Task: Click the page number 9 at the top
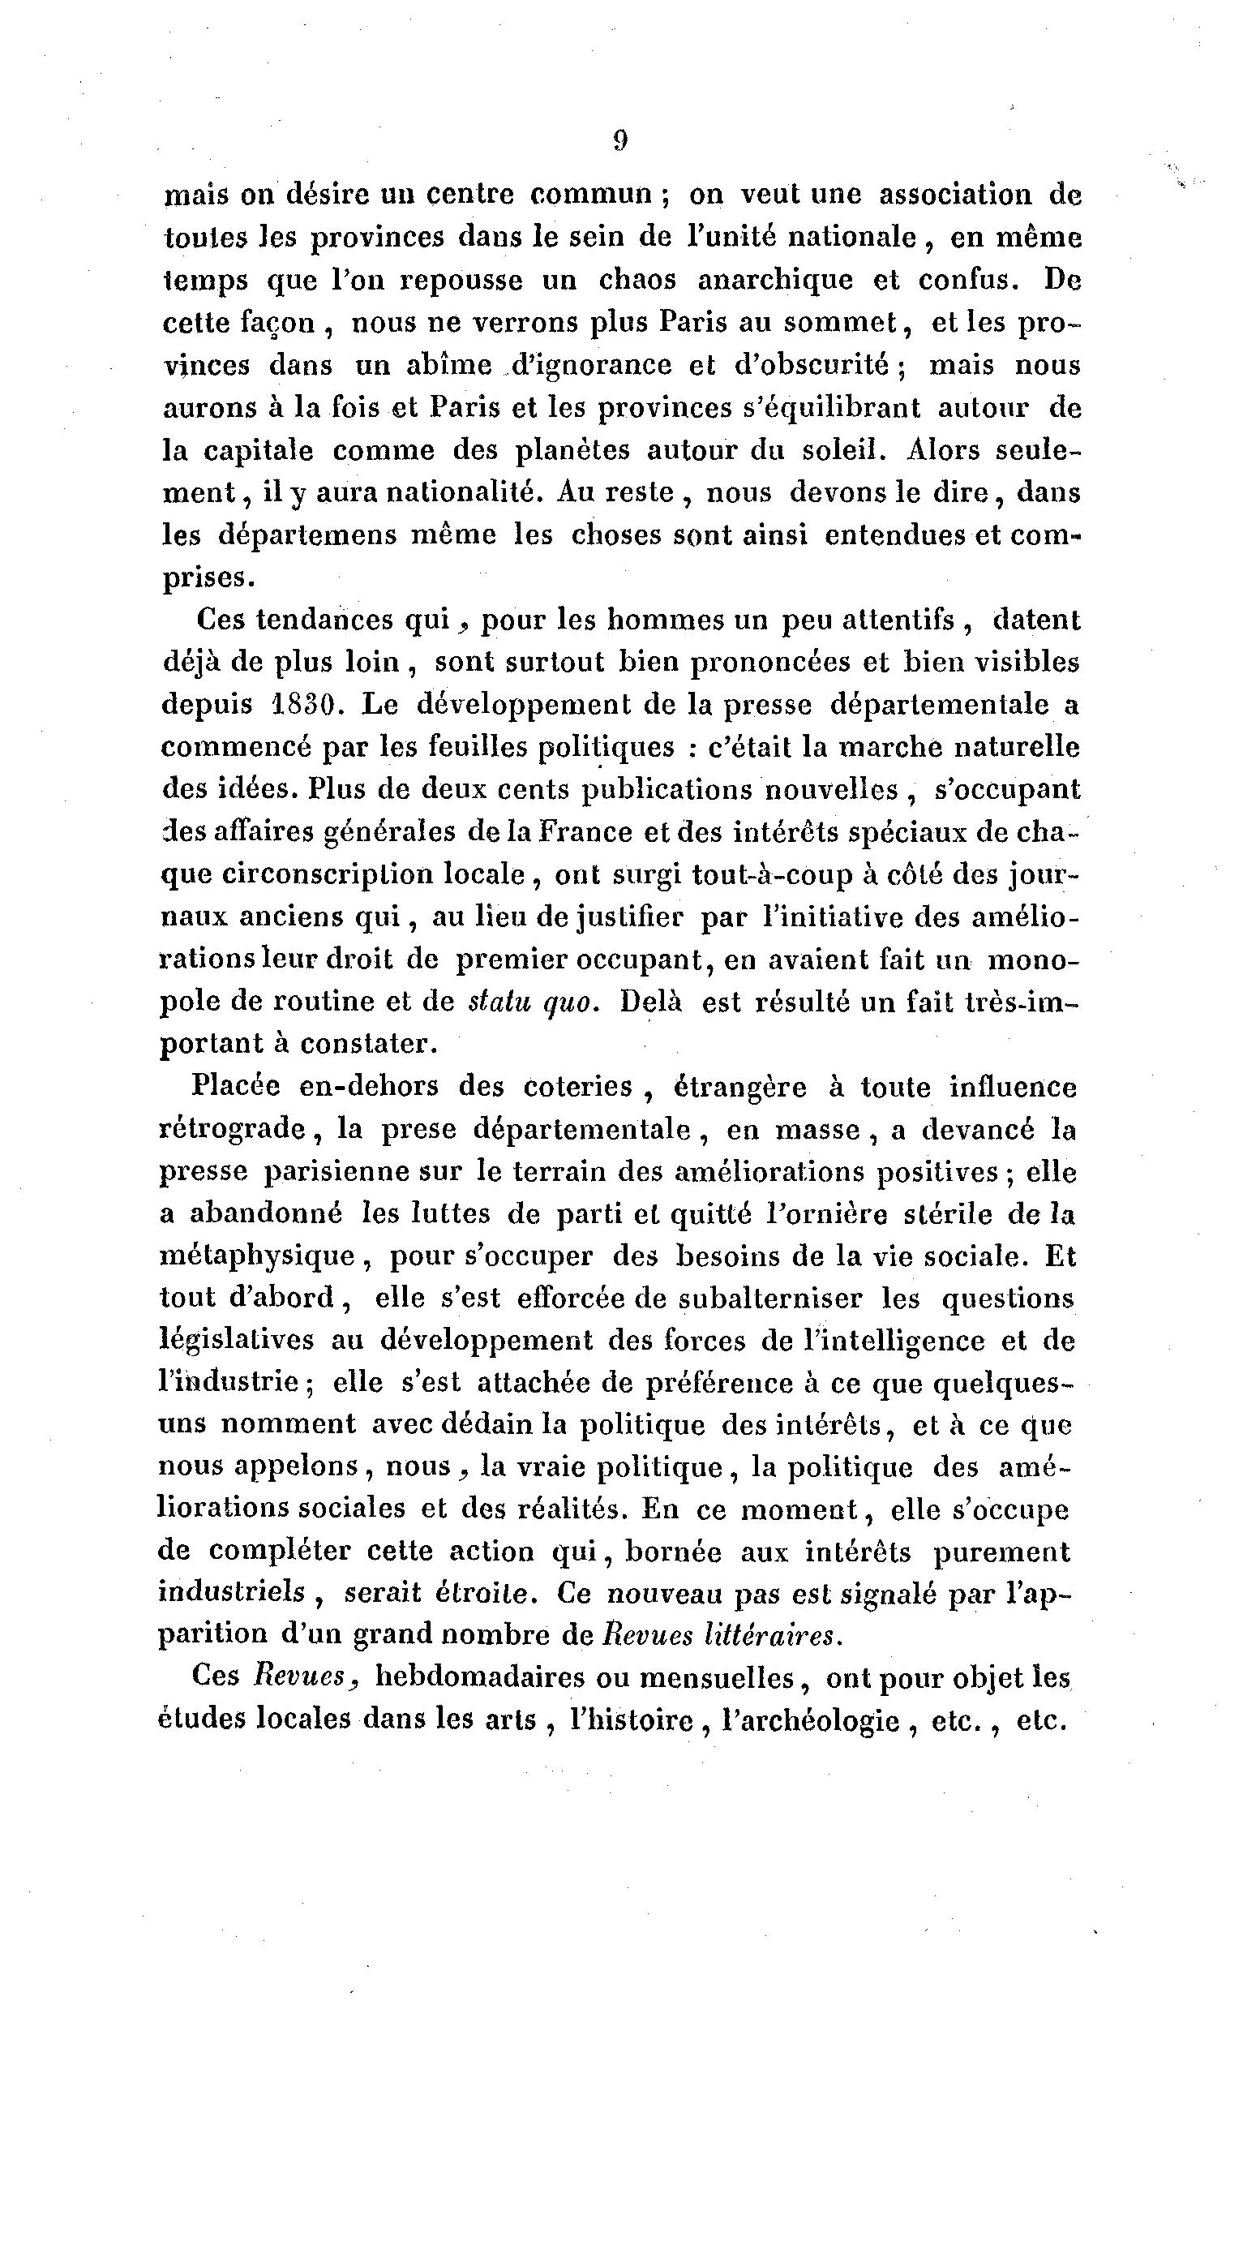click(619, 141)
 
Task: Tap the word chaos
click(637, 280)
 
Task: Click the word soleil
click(834, 451)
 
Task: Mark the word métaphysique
click(258, 1257)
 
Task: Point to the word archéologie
click(812, 1721)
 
